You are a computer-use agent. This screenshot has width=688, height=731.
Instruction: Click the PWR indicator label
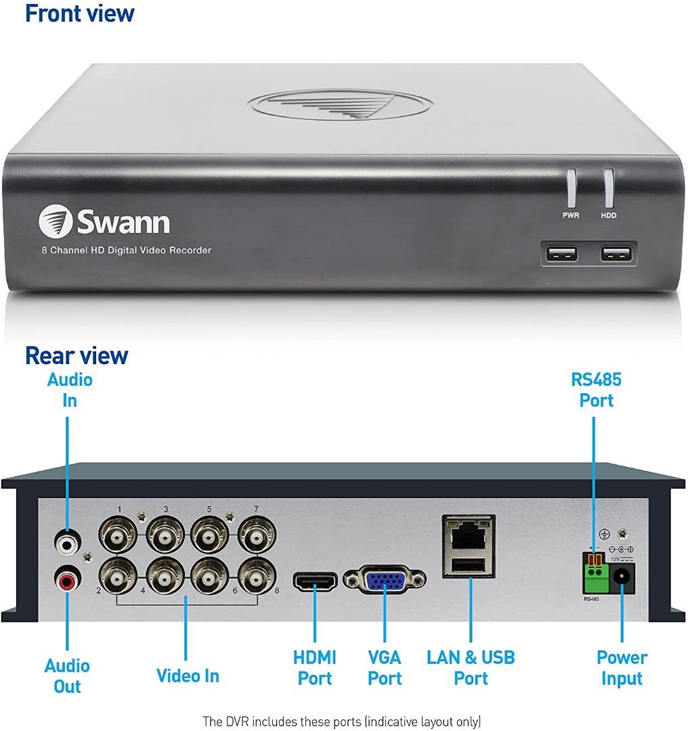coord(570,215)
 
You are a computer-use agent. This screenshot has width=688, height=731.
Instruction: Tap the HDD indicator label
coord(609,215)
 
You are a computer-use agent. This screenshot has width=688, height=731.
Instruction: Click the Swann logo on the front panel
coord(104,221)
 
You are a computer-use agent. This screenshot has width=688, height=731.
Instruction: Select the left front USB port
coord(561,254)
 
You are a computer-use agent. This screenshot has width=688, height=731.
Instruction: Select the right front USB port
coord(616,254)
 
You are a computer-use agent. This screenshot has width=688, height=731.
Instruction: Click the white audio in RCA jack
coord(68,542)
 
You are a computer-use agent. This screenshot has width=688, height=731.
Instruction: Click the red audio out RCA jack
coord(68,579)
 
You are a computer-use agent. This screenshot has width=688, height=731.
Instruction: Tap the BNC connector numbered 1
coord(118,535)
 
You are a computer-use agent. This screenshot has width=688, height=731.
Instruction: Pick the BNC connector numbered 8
coord(257,578)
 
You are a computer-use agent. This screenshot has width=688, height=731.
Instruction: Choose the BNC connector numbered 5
coord(210,535)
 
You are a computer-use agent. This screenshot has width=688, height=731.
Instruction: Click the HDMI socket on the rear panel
coord(316,581)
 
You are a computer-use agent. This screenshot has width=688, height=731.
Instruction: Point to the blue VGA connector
coord(385,581)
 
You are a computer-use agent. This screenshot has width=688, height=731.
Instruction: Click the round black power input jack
coord(622,577)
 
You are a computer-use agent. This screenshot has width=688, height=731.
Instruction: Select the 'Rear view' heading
coord(77,356)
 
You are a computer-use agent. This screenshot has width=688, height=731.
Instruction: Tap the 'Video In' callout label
coord(188,675)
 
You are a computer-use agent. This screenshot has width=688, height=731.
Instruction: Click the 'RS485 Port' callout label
coord(596,390)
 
